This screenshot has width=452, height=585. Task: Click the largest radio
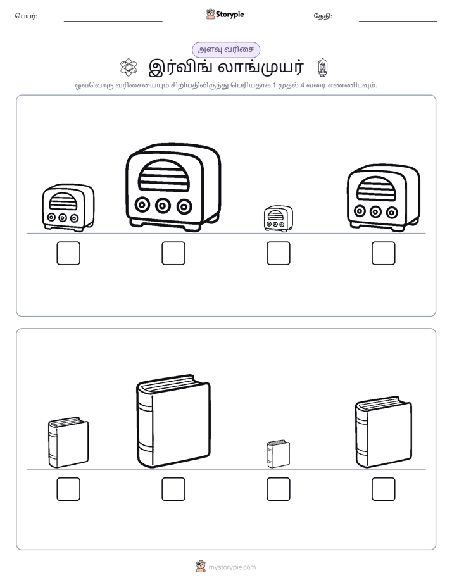pyautogui.click(x=173, y=187)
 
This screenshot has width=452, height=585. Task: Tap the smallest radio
pyautogui.click(x=278, y=218)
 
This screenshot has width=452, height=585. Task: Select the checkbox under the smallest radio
pyautogui.click(x=278, y=253)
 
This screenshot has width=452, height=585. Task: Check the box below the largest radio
pyautogui.click(x=173, y=253)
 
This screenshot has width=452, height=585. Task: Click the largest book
pyautogui.click(x=173, y=421)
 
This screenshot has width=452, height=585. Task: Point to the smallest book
pyautogui.click(x=278, y=454)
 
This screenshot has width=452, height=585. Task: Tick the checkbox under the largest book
pyautogui.click(x=173, y=489)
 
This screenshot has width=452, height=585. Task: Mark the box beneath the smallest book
pyautogui.click(x=278, y=489)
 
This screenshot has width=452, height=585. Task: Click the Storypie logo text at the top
pyautogui.click(x=230, y=15)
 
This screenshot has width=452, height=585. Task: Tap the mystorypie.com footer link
pyautogui.click(x=232, y=567)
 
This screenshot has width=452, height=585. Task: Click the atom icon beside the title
pyautogui.click(x=129, y=67)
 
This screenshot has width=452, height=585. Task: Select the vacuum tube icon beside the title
pyautogui.click(x=323, y=67)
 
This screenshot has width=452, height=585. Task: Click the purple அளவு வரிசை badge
pyautogui.click(x=225, y=49)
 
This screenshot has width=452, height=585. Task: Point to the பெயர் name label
pyautogui.click(x=26, y=16)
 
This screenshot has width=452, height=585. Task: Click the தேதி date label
pyautogui.click(x=323, y=16)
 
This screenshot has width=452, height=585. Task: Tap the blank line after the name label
pyautogui.click(x=113, y=22)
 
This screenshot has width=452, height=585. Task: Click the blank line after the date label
pyautogui.click(x=398, y=22)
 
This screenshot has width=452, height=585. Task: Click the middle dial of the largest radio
pyautogui.click(x=163, y=205)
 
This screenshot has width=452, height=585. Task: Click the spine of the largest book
pyautogui.click(x=145, y=425)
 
